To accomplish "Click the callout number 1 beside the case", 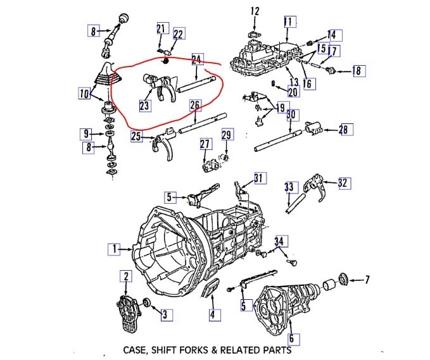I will click(114, 250).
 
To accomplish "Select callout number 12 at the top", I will click(255, 11).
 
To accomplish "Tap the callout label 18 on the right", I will click(357, 71).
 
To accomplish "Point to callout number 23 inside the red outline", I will click(145, 106).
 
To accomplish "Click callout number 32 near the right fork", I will click(343, 183).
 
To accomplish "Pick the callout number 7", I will click(368, 279).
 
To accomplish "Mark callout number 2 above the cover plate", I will click(127, 275).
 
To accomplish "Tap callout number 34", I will click(281, 242).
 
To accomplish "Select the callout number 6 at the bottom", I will click(291, 338).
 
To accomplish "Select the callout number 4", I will click(213, 314).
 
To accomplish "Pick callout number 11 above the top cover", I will click(289, 23).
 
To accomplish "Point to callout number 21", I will click(161, 28).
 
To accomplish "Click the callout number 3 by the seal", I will click(165, 313).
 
